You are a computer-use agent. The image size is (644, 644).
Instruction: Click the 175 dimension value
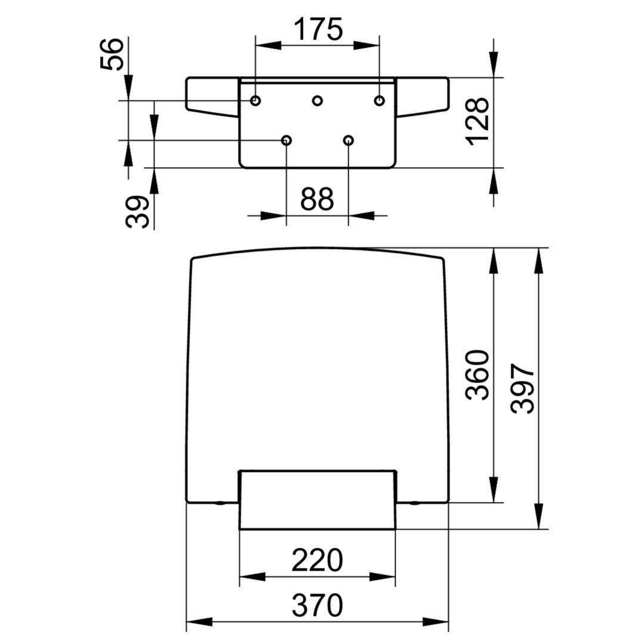tap(318, 29)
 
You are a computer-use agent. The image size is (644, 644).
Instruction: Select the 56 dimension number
tap(112, 54)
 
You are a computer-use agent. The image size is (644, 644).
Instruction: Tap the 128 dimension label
tap(477, 122)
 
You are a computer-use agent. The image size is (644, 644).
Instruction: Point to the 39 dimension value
tap(137, 212)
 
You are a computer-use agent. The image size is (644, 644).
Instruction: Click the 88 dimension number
tap(317, 199)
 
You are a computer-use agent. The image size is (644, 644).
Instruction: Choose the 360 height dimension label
tap(477, 374)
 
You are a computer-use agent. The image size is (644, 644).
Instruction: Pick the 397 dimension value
tap(522, 388)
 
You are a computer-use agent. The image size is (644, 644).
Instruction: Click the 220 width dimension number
tap(317, 560)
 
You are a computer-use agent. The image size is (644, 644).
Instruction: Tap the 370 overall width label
tap(317, 605)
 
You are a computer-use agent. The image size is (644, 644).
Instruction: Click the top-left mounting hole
tap(255, 100)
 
